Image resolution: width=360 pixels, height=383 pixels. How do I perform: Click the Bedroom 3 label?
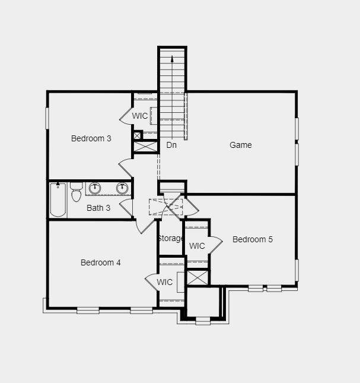91,138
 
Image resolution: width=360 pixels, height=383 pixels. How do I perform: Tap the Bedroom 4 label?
100,262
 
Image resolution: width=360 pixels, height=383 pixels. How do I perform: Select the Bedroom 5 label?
253,239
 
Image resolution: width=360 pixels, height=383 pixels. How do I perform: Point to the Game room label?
240,145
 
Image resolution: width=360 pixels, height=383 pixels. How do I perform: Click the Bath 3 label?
98,208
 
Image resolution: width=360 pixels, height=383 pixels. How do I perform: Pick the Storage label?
170,238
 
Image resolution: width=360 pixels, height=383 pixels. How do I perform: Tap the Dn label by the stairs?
171,145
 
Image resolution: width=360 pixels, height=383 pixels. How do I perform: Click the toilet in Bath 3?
77,192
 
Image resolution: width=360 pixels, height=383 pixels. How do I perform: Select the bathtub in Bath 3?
58,200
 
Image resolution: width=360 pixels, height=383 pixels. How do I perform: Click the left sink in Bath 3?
95,188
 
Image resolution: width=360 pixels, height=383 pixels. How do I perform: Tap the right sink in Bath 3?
122,188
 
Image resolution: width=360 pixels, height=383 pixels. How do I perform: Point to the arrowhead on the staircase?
172,58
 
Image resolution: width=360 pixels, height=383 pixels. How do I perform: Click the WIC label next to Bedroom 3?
140,116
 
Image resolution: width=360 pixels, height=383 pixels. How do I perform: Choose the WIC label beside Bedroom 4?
165,282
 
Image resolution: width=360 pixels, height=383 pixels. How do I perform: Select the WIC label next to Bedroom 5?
197,246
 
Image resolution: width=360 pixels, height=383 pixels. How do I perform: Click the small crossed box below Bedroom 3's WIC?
138,135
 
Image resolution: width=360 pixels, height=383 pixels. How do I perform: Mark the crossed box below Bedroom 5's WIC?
197,277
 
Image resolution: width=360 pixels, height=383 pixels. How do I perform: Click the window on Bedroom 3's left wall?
47,118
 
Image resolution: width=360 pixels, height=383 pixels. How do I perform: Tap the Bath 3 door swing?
126,207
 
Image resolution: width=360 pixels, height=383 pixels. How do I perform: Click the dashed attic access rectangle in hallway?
166,207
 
